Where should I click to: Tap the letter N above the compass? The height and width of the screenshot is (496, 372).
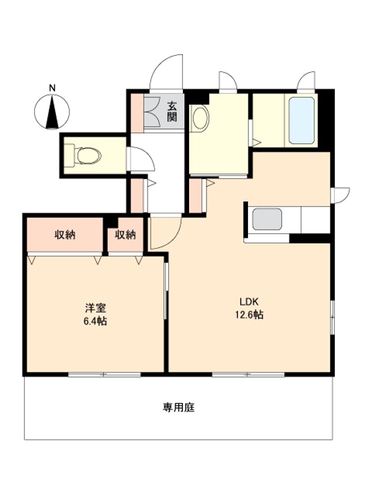click(x=53, y=88)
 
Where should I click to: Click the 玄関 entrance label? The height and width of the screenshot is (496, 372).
click(x=172, y=111)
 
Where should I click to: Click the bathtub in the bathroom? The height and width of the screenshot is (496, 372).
click(x=302, y=120)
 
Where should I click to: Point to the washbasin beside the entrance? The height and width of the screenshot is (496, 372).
click(x=200, y=118)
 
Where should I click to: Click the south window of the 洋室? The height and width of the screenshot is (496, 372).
click(x=104, y=374)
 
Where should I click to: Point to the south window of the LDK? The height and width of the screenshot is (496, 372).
click(x=248, y=374)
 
